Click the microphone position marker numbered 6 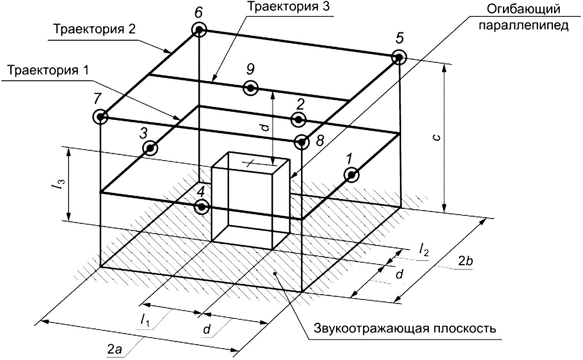click(199, 29)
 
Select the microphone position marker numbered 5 click(399, 57)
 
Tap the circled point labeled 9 click(250, 88)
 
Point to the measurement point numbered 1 click(351, 175)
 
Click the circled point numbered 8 click(301, 142)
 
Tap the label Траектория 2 click(94, 29)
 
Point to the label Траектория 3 click(288, 7)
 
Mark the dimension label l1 click(145, 320)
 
